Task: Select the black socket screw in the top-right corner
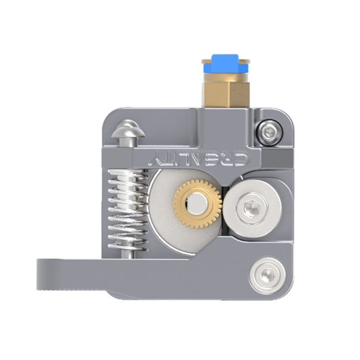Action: click(270, 133)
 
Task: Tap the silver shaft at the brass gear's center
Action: click(196, 204)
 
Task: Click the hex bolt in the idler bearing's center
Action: click(249, 209)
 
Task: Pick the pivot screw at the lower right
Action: click(268, 273)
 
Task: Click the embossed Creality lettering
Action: click(200, 159)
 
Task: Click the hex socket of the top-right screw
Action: click(270, 133)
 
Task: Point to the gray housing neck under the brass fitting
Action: click(225, 120)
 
